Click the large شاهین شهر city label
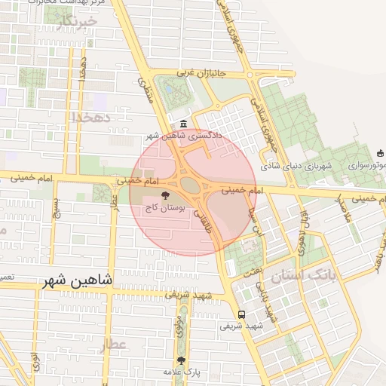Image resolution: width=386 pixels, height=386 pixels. [78, 280]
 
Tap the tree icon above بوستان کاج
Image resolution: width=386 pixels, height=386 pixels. [166, 195]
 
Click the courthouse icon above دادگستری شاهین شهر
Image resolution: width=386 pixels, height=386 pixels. [184, 124]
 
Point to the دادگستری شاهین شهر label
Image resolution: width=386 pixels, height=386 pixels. [183, 136]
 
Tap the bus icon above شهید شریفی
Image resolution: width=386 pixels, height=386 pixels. [241, 315]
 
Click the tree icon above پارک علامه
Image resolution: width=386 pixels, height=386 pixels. [181, 360]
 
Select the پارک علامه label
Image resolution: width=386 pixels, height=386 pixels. [181, 372]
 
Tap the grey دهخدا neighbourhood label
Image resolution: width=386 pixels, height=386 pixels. [91, 118]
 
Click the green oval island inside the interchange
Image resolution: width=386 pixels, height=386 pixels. [190, 185]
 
